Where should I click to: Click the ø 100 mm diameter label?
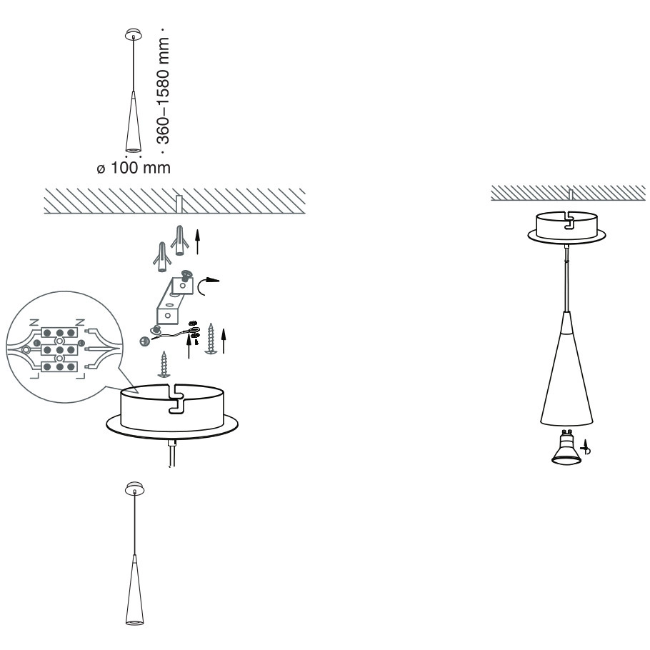coord(134,168)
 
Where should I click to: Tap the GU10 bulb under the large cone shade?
coord(566,447)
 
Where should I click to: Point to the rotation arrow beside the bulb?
coord(586,447)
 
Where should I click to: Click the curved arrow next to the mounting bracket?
coord(208,285)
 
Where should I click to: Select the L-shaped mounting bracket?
coord(174,300)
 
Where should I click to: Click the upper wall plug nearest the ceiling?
coord(180,240)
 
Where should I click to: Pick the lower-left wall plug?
coord(161,257)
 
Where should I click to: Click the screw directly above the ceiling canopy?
coord(164,365)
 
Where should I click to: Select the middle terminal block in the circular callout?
coord(60,350)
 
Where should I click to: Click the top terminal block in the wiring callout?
coord(60,332)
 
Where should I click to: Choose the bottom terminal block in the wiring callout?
coord(60,367)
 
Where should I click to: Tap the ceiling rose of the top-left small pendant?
coord(133,34)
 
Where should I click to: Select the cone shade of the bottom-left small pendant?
coord(134,589)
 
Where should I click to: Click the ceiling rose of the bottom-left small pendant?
coord(135,489)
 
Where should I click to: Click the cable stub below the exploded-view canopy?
coord(173,453)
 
